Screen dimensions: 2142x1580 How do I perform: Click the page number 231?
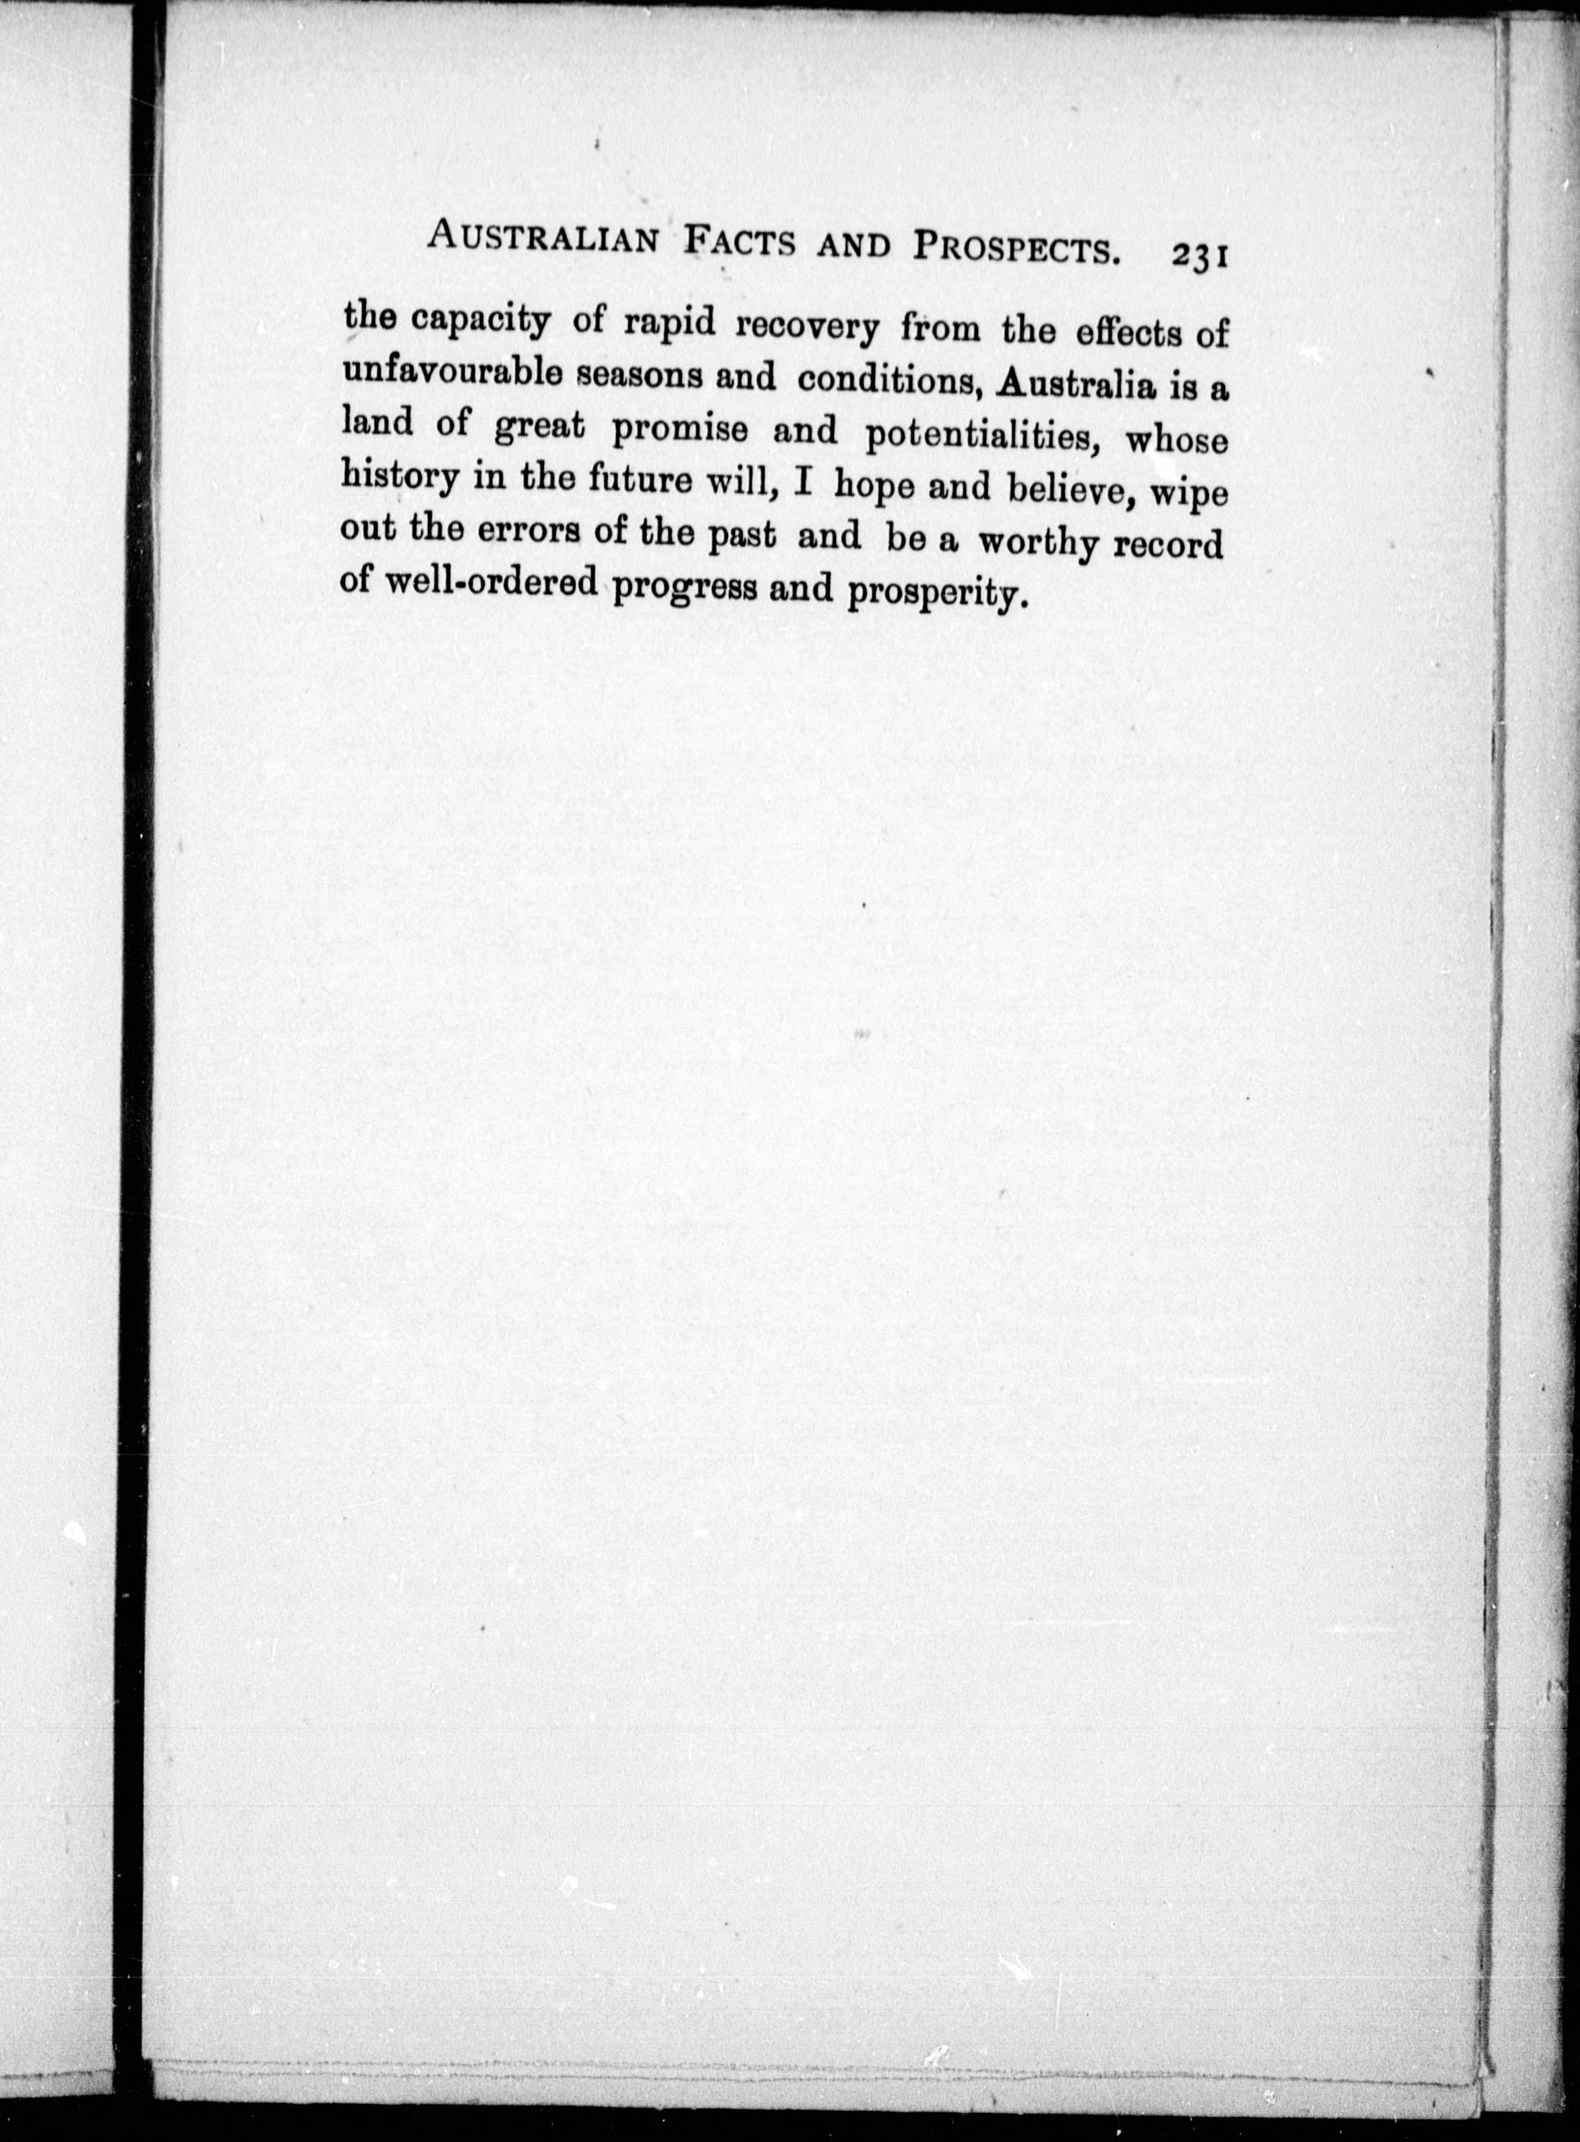(1197, 258)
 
